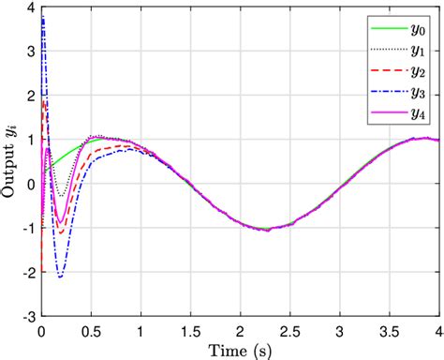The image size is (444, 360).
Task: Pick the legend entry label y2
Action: click(415, 69)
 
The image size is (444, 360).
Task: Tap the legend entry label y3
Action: click(415, 91)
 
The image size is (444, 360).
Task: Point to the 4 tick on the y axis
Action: click(30, 8)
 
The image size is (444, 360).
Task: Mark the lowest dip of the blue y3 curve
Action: click(61, 277)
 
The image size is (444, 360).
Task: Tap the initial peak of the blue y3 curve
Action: click(43, 17)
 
